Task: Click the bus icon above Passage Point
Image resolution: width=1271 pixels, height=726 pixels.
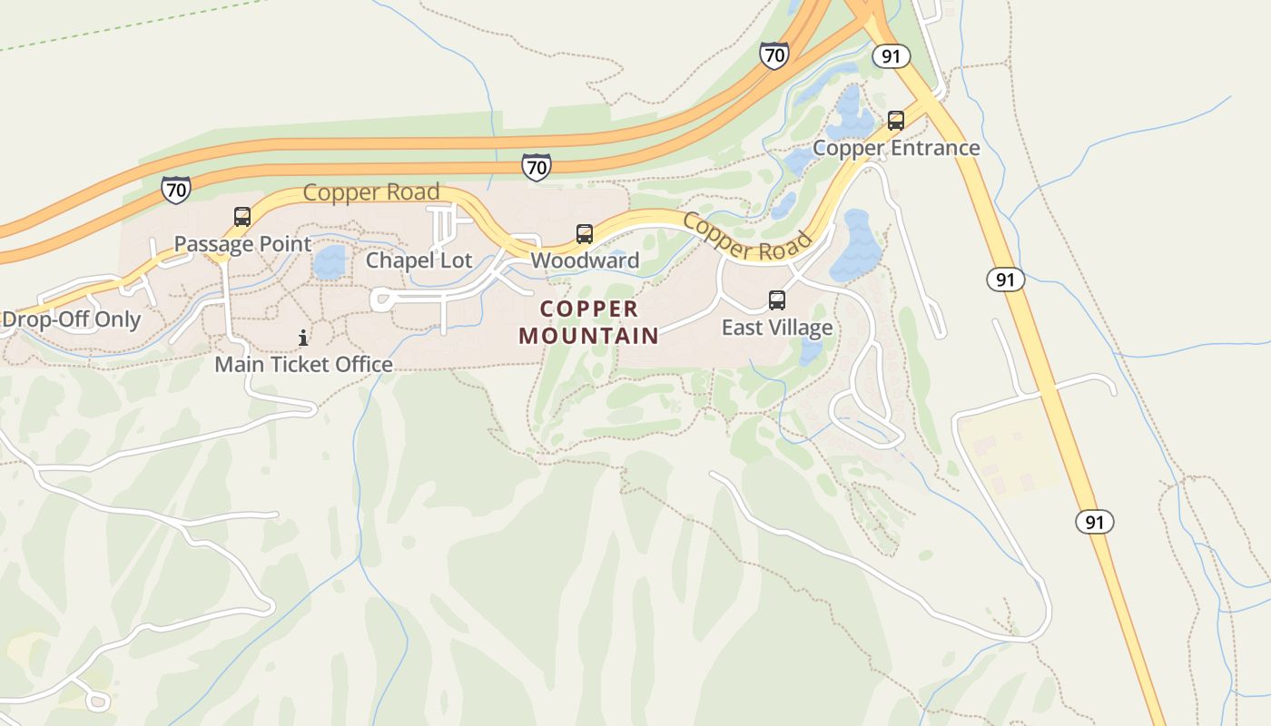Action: (242, 217)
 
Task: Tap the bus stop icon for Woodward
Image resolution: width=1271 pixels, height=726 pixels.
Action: (585, 234)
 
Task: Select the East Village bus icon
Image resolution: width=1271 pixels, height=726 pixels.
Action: (777, 300)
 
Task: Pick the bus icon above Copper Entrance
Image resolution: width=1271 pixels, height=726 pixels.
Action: (896, 121)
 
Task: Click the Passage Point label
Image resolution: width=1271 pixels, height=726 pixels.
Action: (242, 244)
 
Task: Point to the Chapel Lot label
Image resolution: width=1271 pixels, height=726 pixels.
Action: (419, 260)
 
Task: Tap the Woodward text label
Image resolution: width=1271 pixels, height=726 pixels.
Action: (585, 260)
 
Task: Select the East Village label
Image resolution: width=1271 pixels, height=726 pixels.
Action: (777, 327)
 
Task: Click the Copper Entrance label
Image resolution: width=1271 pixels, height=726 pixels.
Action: (896, 148)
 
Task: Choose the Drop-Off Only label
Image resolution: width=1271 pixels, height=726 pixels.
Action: (72, 319)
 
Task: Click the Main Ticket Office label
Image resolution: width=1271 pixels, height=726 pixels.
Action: (303, 365)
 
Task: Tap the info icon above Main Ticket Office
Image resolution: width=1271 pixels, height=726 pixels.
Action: (303, 338)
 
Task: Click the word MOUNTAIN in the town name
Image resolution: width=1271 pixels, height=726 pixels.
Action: (588, 336)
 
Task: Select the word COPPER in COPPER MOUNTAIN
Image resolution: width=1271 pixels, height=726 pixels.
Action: (588, 309)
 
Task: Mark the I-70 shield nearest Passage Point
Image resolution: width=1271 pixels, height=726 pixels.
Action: (176, 190)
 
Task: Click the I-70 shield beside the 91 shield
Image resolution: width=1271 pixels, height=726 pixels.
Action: (773, 55)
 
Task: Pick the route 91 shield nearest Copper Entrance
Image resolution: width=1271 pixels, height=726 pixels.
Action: (891, 56)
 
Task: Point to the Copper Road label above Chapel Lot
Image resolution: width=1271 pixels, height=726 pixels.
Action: (370, 192)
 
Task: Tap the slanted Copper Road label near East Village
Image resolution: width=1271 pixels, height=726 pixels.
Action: (746, 236)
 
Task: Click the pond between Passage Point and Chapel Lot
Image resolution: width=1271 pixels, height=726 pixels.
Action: (330, 261)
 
